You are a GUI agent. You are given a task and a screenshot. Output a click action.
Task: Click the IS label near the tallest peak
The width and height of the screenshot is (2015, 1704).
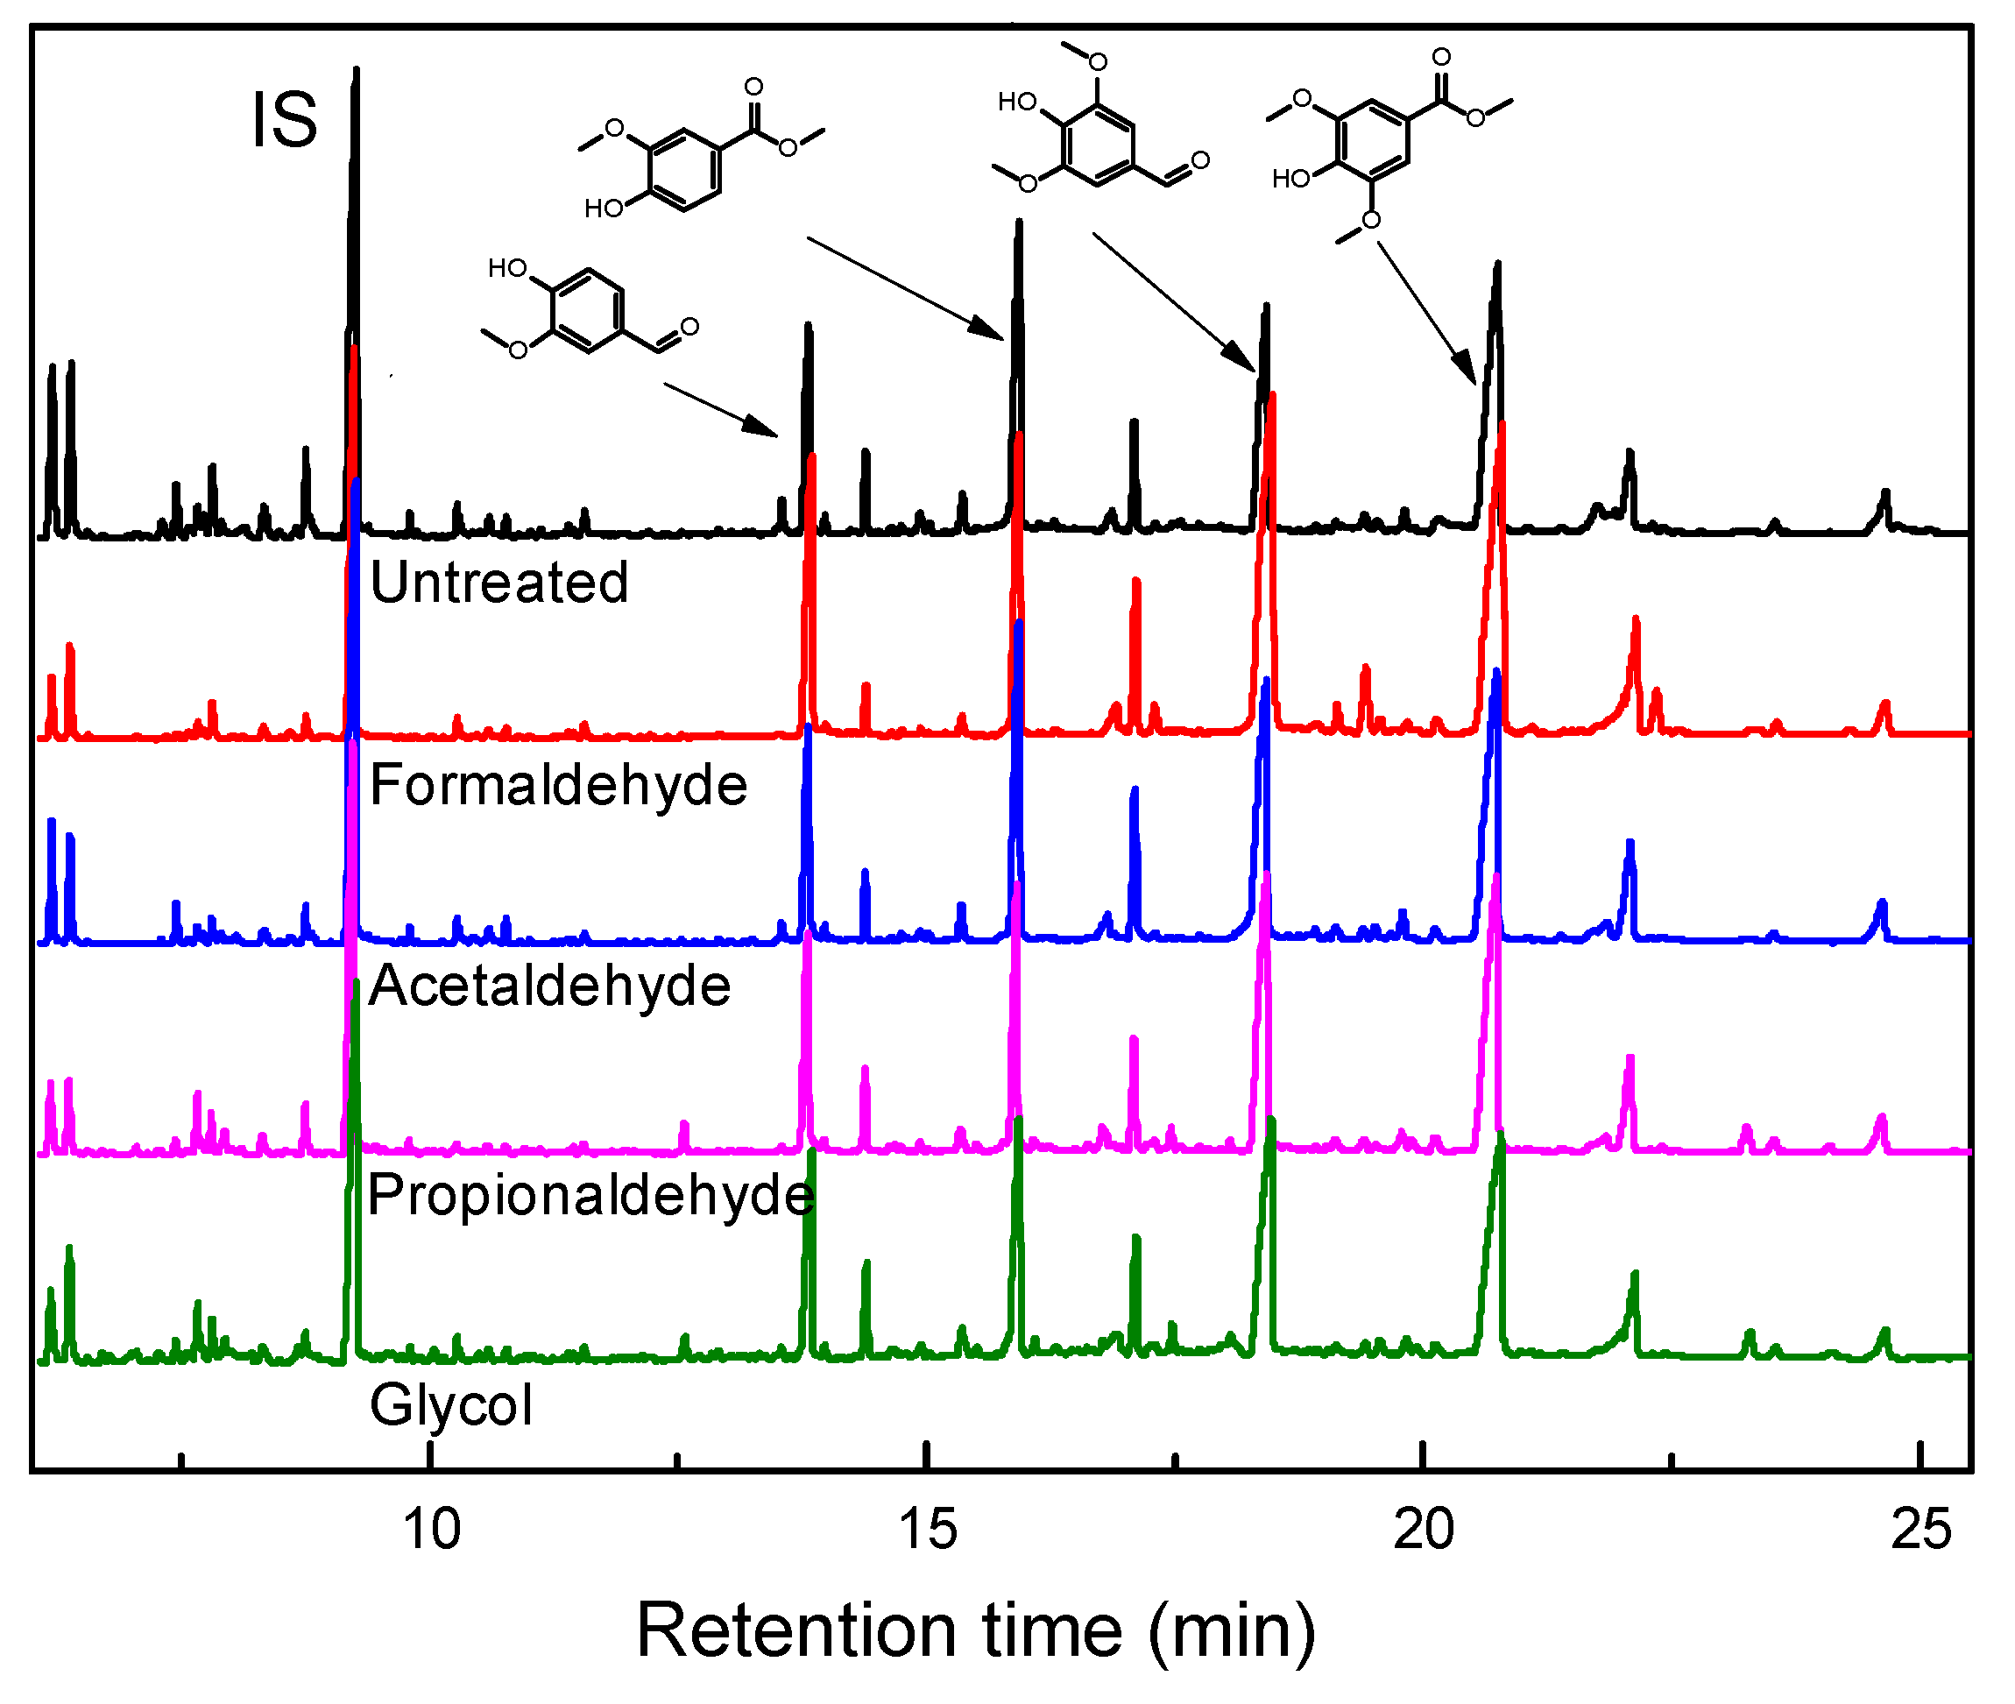point(285,120)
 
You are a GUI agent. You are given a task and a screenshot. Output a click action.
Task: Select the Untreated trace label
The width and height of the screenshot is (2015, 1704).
point(499,583)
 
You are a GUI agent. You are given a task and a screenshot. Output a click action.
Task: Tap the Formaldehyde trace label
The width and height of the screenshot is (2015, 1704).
point(558,784)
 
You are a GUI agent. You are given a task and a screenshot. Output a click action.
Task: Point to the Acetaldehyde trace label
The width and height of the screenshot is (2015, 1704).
point(549,986)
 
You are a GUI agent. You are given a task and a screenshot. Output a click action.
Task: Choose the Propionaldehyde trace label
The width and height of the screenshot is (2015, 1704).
point(591,1196)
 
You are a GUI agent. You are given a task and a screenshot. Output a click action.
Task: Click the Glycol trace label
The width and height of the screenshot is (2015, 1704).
point(451,1404)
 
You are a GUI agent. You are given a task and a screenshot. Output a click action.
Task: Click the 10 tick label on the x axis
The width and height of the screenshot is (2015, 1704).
point(431,1531)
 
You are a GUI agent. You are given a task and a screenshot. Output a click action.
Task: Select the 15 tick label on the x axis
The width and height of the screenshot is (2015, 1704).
point(927,1531)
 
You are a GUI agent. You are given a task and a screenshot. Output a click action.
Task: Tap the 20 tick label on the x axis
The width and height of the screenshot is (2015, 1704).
point(1424,1531)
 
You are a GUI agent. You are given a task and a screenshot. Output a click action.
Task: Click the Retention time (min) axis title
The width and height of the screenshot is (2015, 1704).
point(976,1631)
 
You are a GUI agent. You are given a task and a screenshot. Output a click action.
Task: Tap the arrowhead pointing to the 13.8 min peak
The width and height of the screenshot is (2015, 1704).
point(764,428)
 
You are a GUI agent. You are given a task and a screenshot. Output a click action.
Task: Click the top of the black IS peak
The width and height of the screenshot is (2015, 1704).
point(357,69)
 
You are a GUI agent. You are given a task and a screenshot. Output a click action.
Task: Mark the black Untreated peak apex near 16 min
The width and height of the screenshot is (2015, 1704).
point(1018,223)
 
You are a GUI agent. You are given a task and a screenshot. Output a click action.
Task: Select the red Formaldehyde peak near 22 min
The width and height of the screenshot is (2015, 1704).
point(1636,619)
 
